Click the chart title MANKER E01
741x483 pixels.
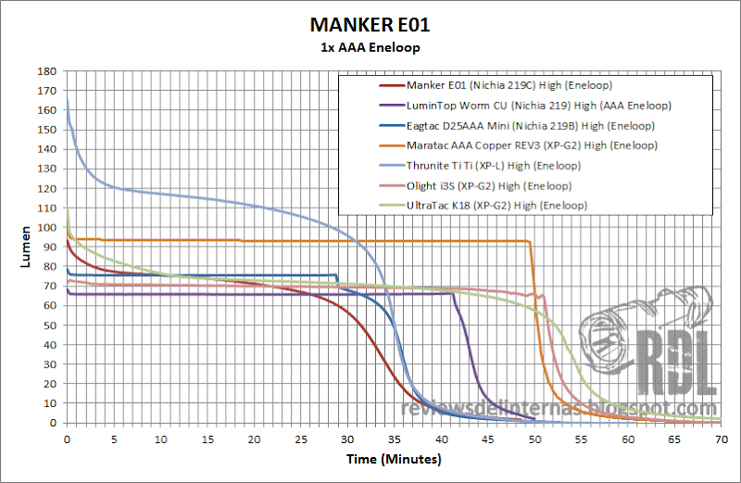pyautogui.click(x=370, y=25)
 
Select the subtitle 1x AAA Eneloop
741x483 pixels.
pyautogui.click(x=370, y=48)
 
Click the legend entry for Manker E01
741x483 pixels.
pyautogui.click(x=509, y=85)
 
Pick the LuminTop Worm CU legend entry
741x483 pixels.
pyautogui.click(x=539, y=106)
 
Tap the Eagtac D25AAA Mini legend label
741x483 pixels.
pyautogui.click(x=530, y=126)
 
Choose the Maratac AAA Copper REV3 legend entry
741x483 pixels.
pyautogui.click(x=532, y=146)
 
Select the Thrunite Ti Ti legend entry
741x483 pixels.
pyautogui.click(x=494, y=166)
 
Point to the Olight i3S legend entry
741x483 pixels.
pyautogui.click(x=489, y=186)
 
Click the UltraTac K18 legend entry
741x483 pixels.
pyautogui.click(x=496, y=206)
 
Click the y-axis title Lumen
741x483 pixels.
pyautogui.click(x=26, y=247)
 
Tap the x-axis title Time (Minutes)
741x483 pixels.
pyautogui.click(x=394, y=459)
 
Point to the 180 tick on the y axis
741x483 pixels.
pyautogui.click(x=47, y=71)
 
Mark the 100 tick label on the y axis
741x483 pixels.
pyautogui.click(x=47, y=227)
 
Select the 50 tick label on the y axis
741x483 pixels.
pyautogui.click(x=50, y=325)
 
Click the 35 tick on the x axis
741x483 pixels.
pyautogui.click(x=395, y=439)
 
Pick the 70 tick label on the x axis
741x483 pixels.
pyautogui.click(x=722, y=439)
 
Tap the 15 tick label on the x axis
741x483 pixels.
pyautogui.click(x=207, y=439)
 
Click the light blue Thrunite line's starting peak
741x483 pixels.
pyautogui.click(x=68, y=99)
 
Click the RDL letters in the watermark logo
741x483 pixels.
pyautogui.click(x=677, y=363)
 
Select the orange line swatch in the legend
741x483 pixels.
pyautogui.click(x=392, y=146)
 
